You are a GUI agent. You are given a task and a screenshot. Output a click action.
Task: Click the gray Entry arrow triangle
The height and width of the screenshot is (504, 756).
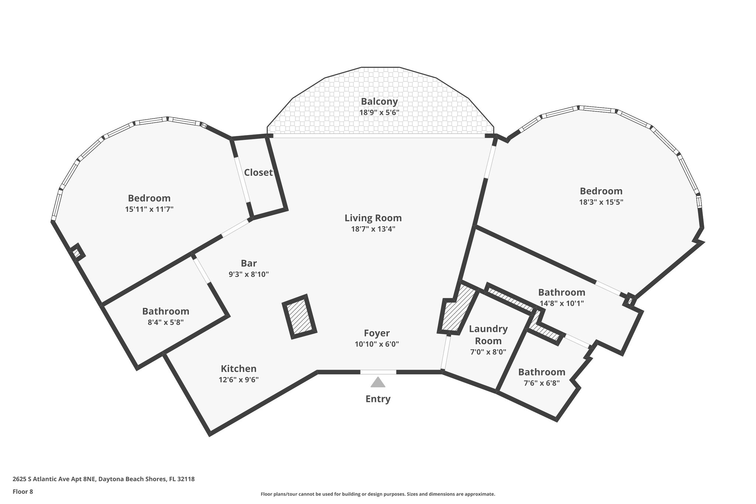pyautogui.click(x=378, y=383)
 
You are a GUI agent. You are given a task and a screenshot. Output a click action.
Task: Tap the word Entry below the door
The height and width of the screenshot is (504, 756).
pyautogui.click(x=378, y=399)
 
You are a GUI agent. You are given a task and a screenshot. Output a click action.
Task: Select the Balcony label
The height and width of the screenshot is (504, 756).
pyautogui.click(x=379, y=101)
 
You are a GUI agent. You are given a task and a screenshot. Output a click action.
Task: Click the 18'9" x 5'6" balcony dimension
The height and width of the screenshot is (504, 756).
pyautogui.click(x=379, y=112)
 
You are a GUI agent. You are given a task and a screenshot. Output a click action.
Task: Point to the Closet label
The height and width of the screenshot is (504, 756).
pyautogui.click(x=258, y=172)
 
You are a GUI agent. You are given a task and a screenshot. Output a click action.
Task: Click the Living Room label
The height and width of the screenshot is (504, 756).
pyautogui.click(x=373, y=218)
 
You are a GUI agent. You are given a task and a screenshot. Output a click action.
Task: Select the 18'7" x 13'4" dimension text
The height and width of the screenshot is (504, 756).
pyautogui.click(x=373, y=229)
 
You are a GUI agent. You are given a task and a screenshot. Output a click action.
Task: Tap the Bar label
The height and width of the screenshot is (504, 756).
pyautogui.click(x=248, y=263)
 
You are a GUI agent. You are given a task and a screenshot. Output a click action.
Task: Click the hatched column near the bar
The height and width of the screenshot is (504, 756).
pyautogui.click(x=299, y=316)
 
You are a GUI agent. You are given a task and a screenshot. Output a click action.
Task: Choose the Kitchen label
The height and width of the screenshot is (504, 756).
pyautogui.click(x=238, y=368)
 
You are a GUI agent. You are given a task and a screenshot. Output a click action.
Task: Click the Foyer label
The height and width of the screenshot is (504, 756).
pyautogui.click(x=377, y=333)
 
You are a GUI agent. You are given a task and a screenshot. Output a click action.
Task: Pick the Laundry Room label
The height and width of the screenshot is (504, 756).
pyautogui.click(x=488, y=335)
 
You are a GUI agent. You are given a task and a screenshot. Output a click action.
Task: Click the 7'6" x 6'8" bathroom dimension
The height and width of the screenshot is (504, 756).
pyautogui.click(x=542, y=383)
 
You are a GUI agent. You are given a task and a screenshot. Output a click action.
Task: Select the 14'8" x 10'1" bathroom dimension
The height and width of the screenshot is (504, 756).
pyautogui.click(x=561, y=304)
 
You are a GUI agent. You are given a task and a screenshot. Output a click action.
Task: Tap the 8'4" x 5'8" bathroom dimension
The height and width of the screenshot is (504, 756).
pyautogui.click(x=165, y=322)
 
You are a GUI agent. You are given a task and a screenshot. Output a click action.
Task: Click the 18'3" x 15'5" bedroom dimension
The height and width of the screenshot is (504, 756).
pyautogui.click(x=601, y=202)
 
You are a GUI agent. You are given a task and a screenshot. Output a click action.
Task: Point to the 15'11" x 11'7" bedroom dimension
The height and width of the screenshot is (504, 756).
pyautogui.click(x=149, y=209)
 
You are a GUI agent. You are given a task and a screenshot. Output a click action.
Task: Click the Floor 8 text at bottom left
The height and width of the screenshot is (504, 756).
pyautogui.click(x=23, y=491)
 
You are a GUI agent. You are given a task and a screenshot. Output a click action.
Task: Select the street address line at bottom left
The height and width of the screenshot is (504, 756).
pyautogui.click(x=103, y=479)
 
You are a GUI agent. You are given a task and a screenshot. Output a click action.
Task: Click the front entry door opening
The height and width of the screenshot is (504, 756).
pyautogui.click(x=378, y=372)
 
